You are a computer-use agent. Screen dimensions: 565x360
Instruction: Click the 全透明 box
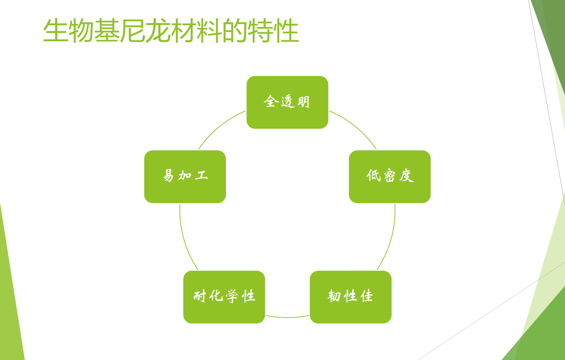click(x=287, y=102)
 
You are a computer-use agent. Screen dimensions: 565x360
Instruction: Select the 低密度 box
click(x=390, y=176)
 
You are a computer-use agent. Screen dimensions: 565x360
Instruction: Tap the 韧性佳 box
click(x=351, y=297)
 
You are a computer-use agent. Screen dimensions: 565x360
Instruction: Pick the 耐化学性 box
click(x=224, y=297)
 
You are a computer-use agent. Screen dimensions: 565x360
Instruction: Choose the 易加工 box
click(x=185, y=176)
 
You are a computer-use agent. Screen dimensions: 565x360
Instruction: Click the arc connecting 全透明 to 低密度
click(x=356, y=127)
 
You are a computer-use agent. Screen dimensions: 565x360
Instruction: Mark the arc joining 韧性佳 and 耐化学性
click(x=287, y=317)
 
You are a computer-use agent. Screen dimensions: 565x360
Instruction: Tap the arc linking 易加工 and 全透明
click(x=219, y=127)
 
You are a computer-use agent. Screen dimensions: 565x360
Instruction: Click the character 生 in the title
click(x=55, y=31)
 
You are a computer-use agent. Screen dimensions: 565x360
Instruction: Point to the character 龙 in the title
click(x=158, y=31)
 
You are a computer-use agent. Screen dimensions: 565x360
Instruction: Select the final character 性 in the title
click(x=286, y=31)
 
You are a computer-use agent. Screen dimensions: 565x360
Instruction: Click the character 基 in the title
click(x=107, y=31)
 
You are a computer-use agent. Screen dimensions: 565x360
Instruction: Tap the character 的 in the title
click(x=235, y=31)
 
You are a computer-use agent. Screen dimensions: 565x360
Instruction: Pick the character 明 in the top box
click(x=304, y=102)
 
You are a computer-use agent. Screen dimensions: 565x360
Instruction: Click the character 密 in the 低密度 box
click(x=390, y=176)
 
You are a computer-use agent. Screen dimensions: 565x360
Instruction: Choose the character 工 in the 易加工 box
click(x=202, y=175)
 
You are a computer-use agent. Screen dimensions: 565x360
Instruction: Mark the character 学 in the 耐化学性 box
click(x=232, y=296)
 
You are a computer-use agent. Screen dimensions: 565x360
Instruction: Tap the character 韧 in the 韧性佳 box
click(x=335, y=296)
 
